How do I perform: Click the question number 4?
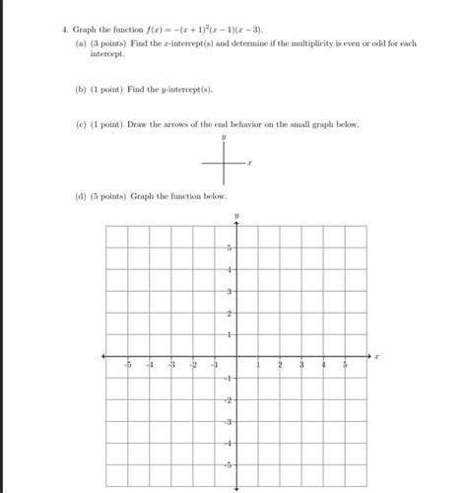pyautogui.click(x=62, y=32)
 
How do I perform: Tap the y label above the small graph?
pyautogui.click(x=225, y=138)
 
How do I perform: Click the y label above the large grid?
pyautogui.click(x=236, y=213)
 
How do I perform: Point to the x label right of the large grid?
pyautogui.click(x=376, y=356)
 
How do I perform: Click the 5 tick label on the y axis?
pyautogui.click(x=230, y=247)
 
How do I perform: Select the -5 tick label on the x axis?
pyautogui.click(x=127, y=366)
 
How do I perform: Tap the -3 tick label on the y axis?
pyautogui.click(x=228, y=421)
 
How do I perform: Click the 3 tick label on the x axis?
pyautogui.click(x=301, y=366)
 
